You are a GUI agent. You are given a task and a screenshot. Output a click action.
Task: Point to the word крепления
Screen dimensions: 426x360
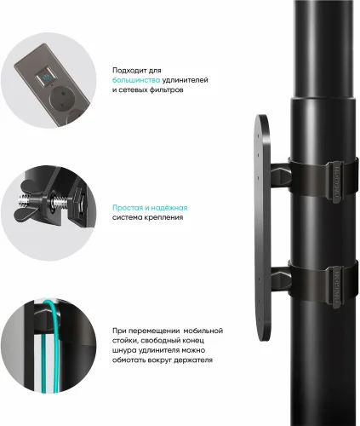click(x=167, y=217)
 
